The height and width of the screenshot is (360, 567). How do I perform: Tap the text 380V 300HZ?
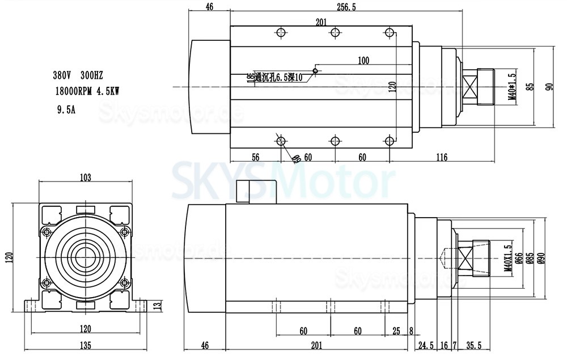tap(78, 75)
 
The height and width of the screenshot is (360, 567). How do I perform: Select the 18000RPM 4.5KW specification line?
tap(88, 90)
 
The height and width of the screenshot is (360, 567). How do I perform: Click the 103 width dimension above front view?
tap(85, 177)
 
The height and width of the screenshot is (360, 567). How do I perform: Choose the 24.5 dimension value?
tap(426, 345)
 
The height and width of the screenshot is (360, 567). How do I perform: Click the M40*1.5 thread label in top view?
tap(511, 86)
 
